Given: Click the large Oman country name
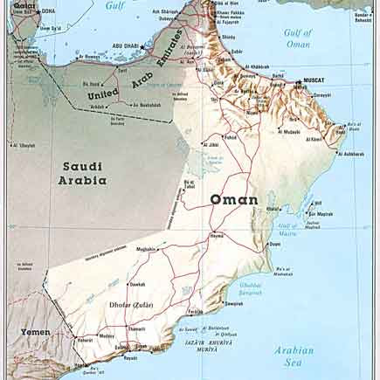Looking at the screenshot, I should (x=233, y=200).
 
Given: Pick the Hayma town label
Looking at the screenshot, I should (x=216, y=235).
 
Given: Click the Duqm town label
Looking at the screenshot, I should (x=274, y=244).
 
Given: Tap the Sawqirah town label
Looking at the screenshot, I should (x=234, y=303).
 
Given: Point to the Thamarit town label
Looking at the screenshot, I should (x=136, y=328).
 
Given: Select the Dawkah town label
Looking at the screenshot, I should (x=137, y=284).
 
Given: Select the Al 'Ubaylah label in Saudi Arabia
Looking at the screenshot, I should (x=24, y=145).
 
